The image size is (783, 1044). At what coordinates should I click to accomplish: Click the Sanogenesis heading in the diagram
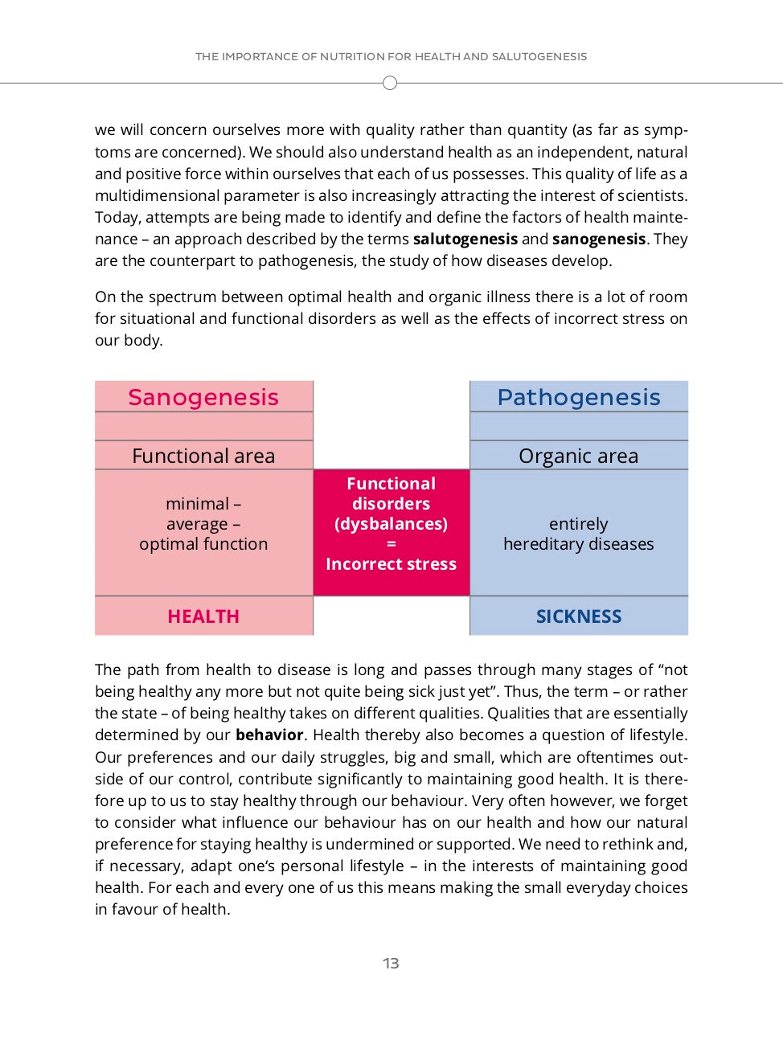(x=203, y=397)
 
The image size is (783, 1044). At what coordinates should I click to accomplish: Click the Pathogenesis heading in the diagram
(x=579, y=397)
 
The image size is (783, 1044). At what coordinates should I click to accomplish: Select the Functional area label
(x=203, y=456)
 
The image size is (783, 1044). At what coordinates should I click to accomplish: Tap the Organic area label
(x=579, y=456)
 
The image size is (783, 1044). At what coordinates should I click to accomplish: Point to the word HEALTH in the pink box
(x=203, y=616)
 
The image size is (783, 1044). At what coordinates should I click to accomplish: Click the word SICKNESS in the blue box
(x=579, y=616)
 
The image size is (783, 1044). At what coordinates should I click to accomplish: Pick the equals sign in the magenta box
(x=391, y=544)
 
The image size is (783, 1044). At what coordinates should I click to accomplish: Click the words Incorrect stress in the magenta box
(x=391, y=564)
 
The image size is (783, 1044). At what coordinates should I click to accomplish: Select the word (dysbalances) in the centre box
(x=391, y=524)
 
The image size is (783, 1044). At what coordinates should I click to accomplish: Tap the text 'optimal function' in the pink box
(x=203, y=544)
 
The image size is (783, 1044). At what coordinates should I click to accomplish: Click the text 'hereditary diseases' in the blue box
(x=579, y=544)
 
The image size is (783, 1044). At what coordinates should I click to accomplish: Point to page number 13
(x=391, y=963)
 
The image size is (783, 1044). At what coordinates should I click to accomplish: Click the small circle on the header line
(x=390, y=83)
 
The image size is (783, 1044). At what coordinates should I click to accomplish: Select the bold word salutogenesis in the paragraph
(x=465, y=239)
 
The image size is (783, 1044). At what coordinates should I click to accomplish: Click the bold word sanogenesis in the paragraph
(x=599, y=239)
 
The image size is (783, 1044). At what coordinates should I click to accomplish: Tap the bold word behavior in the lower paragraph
(x=269, y=735)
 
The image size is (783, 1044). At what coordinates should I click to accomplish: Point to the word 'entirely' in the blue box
(x=579, y=524)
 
